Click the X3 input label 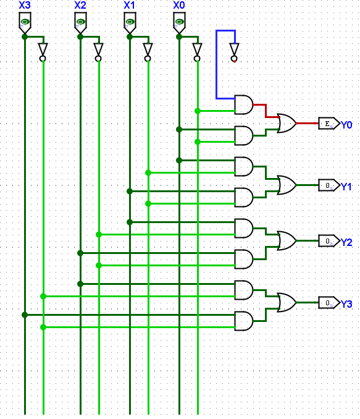(x=24, y=6)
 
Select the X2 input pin (x=80, y=24)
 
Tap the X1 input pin (x=129, y=24)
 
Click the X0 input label (x=178, y=6)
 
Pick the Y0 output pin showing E (x=328, y=124)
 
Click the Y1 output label (x=346, y=187)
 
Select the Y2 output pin (x=328, y=240)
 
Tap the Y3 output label (x=346, y=304)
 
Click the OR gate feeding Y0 (x=287, y=123)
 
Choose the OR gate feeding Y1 (x=287, y=185)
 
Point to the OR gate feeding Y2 (x=287, y=240)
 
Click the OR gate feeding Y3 (x=287, y=302)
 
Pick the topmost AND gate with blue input (x=244, y=104)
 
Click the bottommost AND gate (x=244, y=321)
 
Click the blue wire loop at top (x=217, y=62)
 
